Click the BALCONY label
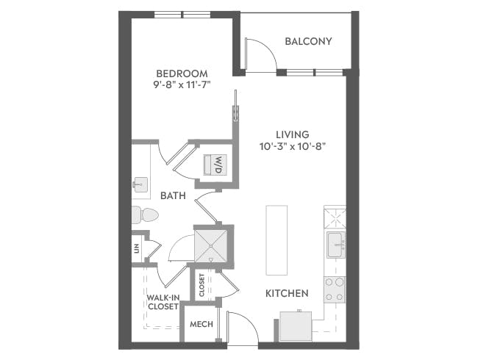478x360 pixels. [308, 41]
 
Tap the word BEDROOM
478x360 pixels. [181, 73]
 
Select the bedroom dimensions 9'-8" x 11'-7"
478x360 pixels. [181, 85]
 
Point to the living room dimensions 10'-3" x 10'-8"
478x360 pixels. [291, 145]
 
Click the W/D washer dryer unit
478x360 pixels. [219, 164]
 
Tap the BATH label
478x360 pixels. [172, 195]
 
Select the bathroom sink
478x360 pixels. [140, 184]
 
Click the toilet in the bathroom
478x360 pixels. [144, 215]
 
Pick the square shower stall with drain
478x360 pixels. [213, 245]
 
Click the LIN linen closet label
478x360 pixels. [137, 248]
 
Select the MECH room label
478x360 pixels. [201, 324]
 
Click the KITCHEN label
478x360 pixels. [286, 293]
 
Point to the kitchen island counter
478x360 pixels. [277, 240]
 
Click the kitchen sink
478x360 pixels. [335, 245]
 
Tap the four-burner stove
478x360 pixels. [335, 289]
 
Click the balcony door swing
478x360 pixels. [258, 56]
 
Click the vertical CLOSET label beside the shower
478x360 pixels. [201, 285]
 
